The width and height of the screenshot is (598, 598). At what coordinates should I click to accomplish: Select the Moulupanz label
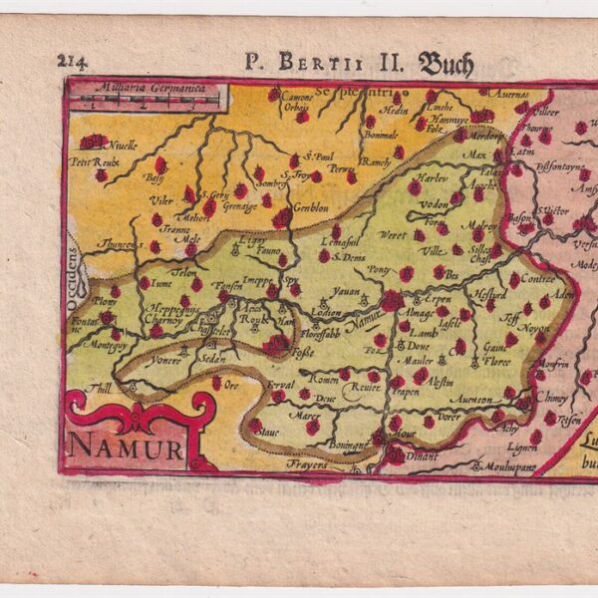pyautogui.click(x=512, y=465)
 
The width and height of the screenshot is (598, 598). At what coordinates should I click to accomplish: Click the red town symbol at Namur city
pyautogui.click(x=392, y=299)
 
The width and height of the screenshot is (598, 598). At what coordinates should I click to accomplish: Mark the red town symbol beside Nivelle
pyautogui.click(x=95, y=142)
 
